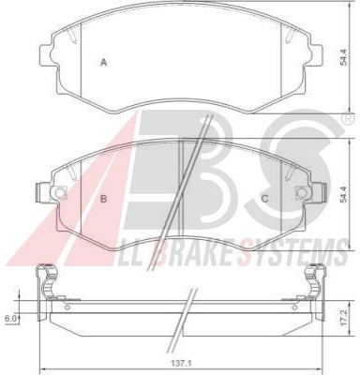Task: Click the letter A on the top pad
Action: click(103, 63)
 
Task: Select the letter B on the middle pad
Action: click(103, 199)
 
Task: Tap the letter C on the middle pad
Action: click(264, 199)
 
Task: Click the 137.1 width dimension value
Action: click(182, 364)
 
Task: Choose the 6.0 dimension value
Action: click(9, 319)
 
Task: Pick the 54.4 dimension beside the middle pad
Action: click(344, 195)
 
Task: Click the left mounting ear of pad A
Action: click(46, 56)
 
